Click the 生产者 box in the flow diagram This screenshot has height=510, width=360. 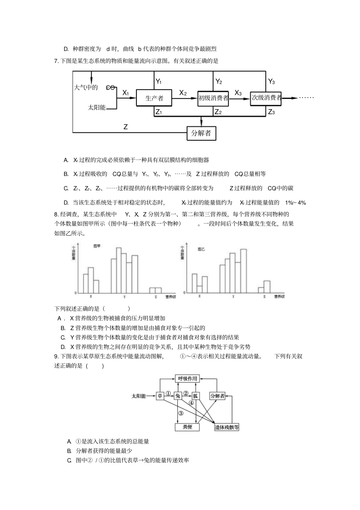click(x=154, y=98)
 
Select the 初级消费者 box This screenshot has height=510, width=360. click(x=213, y=98)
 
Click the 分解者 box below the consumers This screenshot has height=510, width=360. click(x=201, y=133)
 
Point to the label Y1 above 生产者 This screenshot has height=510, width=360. click(x=159, y=82)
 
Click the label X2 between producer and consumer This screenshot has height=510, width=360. click(x=183, y=93)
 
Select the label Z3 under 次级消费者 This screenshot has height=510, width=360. click(x=271, y=112)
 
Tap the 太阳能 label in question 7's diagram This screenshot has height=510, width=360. click(x=97, y=107)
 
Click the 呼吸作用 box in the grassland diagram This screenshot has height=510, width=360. click(x=188, y=379)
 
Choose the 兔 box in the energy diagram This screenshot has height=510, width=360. click(x=178, y=396)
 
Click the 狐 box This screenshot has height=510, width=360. click(x=196, y=396)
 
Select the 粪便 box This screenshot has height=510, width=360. click(x=187, y=427)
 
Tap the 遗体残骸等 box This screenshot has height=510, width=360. click(x=227, y=427)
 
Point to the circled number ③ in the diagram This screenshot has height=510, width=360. click(x=181, y=413)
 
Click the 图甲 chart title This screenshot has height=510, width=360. click(x=97, y=246)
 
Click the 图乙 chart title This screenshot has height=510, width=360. click(x=201, y=250)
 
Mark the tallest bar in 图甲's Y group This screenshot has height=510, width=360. click(x=119, y=270)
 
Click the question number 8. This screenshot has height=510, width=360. click(x=56, y=214)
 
